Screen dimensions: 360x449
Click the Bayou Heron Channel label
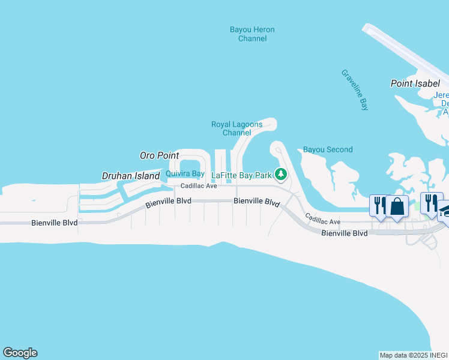252,34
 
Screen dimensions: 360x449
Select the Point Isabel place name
415,83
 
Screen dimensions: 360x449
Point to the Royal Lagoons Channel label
237,128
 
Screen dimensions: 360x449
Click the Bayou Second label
328,149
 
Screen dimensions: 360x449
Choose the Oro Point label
160,155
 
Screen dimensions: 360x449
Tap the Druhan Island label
130,176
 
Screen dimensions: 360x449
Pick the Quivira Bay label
185,174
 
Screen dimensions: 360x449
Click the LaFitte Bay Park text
242,176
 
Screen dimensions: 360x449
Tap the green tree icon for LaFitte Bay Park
280,175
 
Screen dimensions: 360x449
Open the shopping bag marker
397,206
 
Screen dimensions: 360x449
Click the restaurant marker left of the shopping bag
379,205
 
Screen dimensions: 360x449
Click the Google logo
20,353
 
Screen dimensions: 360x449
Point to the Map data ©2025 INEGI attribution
414,355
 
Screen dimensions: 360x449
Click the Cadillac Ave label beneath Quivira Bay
199,186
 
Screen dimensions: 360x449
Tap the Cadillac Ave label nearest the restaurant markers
322,219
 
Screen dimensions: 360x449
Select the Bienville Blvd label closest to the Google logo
54,223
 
